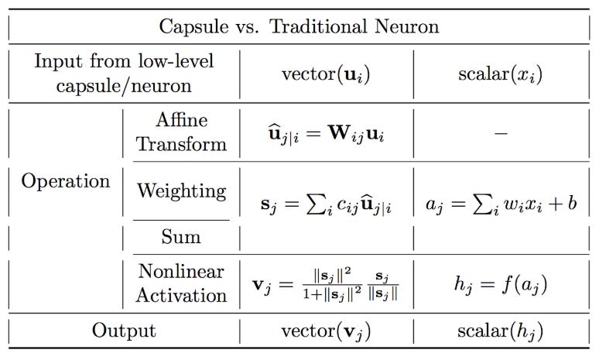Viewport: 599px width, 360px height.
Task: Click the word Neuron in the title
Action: [x=406, y=26]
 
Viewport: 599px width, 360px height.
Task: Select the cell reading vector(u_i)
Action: [x=326, y=74]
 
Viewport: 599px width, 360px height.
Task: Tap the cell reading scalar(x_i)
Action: [x=500, y=74]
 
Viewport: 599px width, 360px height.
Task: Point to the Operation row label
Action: [x=66, y=181]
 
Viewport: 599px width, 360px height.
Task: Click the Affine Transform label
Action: [x=181, y=132]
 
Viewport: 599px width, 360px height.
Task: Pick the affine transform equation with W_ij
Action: [x=326, y=134]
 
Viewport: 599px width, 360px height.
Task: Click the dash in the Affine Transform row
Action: [x=501, y=133]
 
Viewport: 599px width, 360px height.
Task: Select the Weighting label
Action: [x=181, y=190]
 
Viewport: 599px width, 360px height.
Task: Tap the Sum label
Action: [x=181, y=237]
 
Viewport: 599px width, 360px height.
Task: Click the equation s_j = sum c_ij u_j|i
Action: [x=326, y=205]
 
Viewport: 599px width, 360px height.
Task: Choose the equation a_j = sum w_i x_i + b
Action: [x=501, y=204]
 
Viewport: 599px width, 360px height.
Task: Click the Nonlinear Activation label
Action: [x=181, y=283]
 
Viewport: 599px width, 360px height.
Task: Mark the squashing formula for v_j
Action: [x=326, y=285]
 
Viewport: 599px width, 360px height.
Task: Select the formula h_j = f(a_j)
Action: [x=501, y=285]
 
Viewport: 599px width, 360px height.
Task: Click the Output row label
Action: [x=124, y=331]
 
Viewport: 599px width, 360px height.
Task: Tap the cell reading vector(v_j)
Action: [x=326, y=331]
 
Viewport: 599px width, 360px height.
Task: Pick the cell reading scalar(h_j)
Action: [x=500, y=331]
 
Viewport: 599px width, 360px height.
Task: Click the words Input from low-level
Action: [x=124, y=61]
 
